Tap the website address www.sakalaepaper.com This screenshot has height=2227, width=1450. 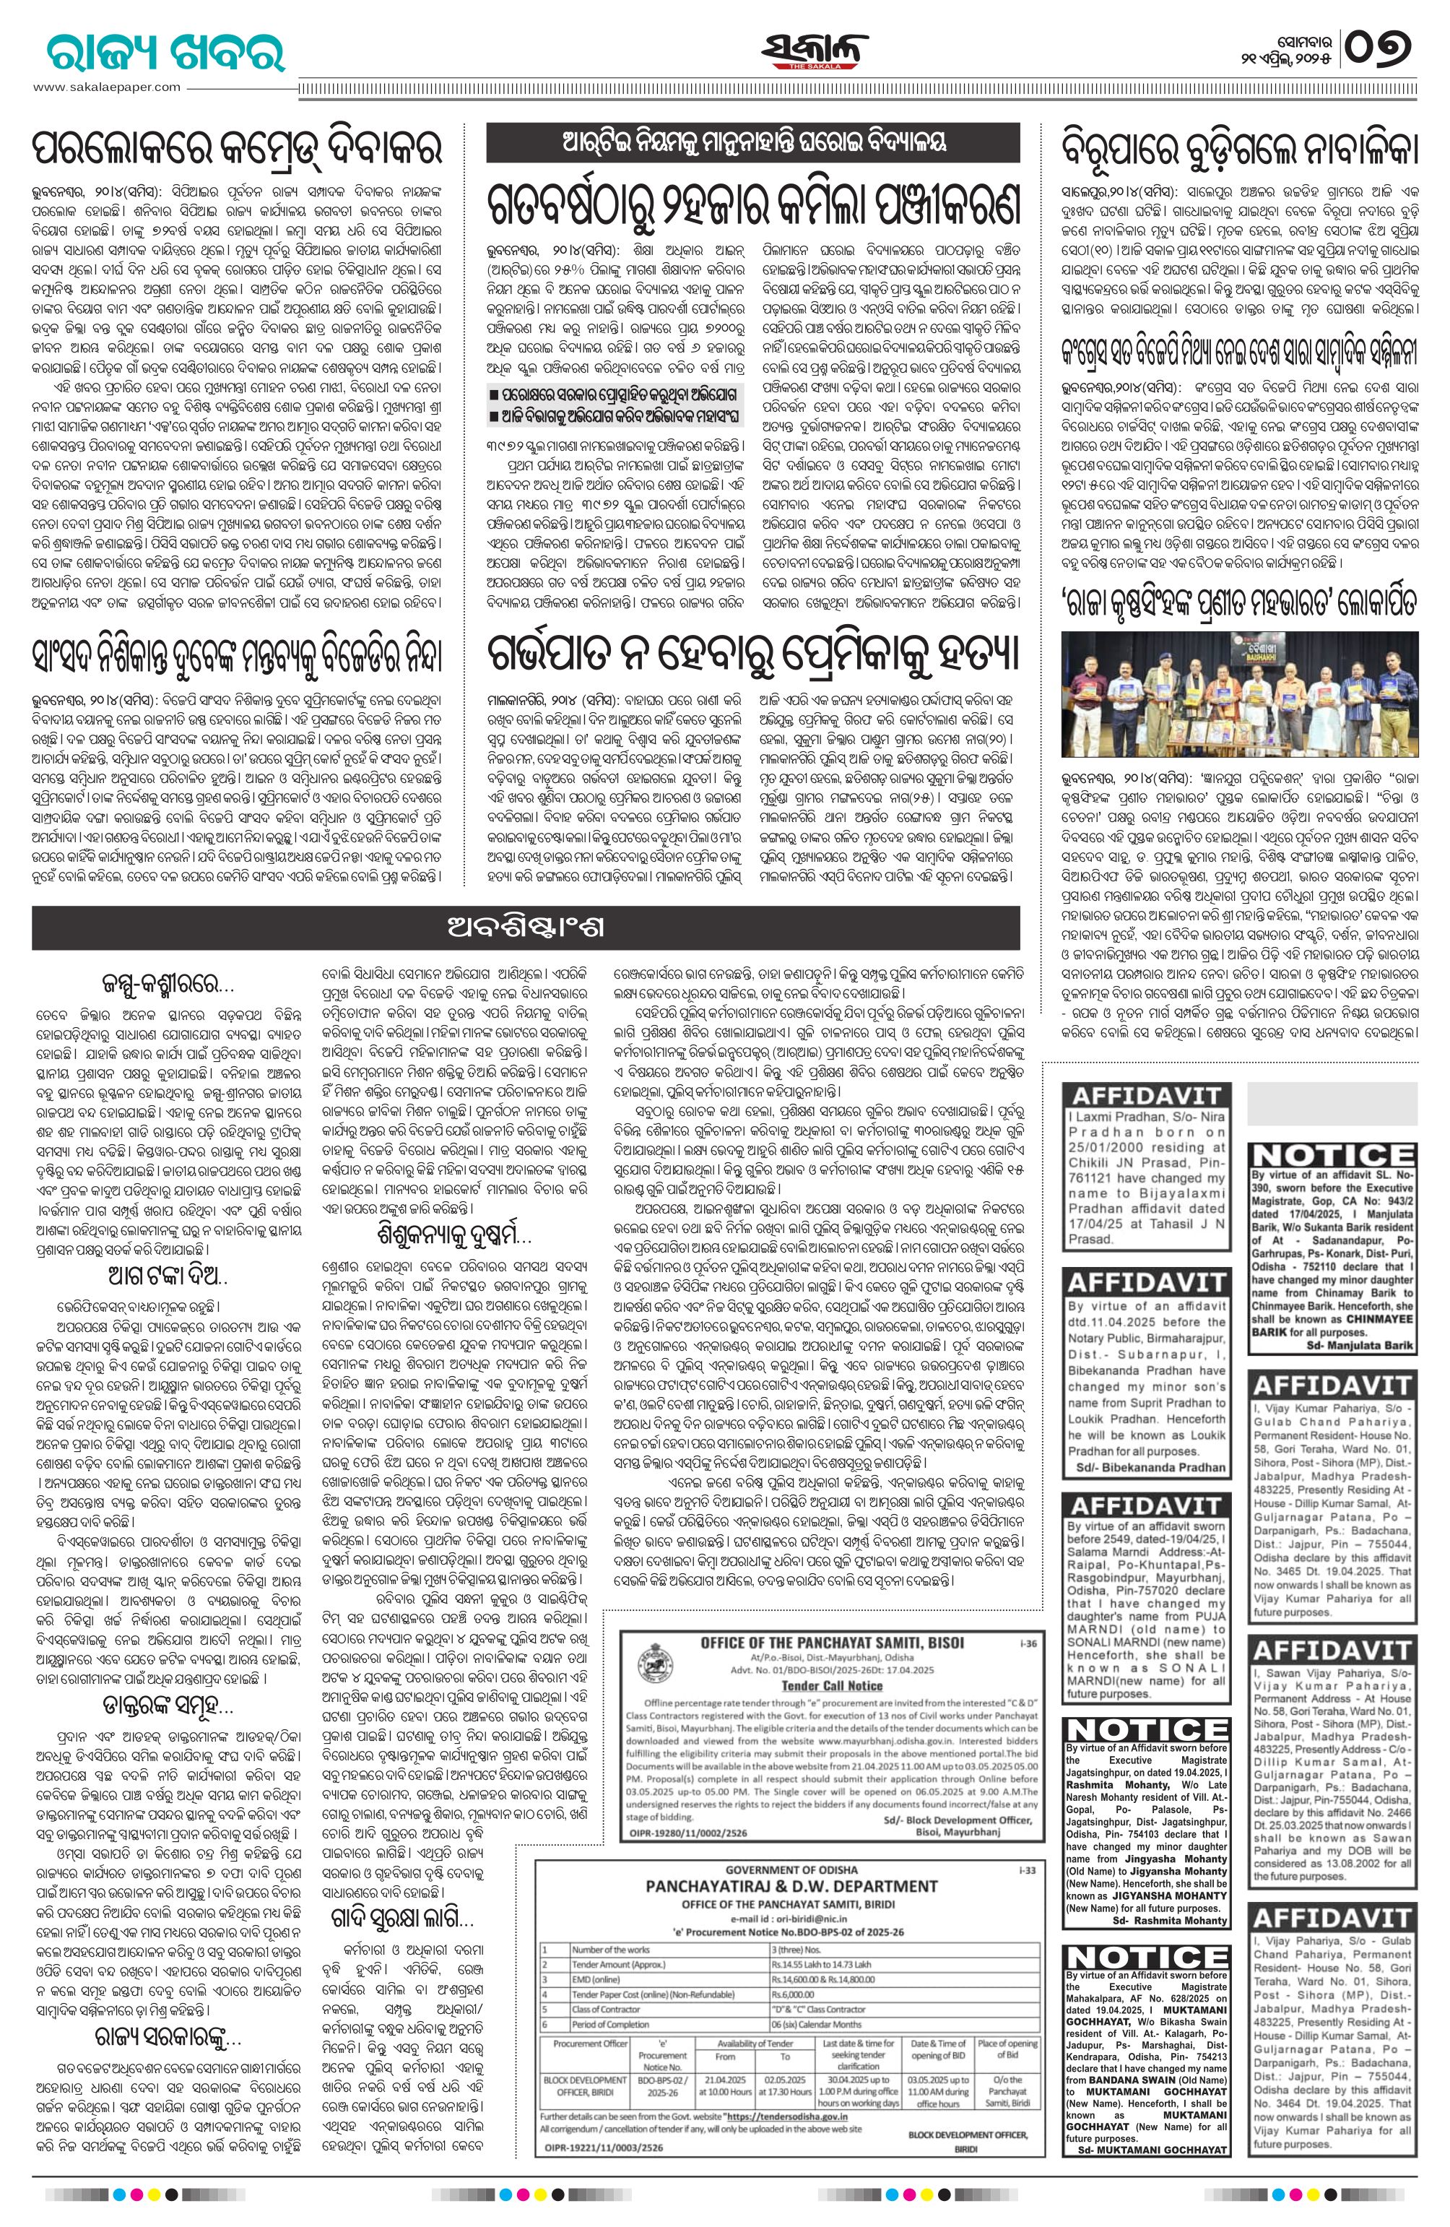point(107,87)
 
